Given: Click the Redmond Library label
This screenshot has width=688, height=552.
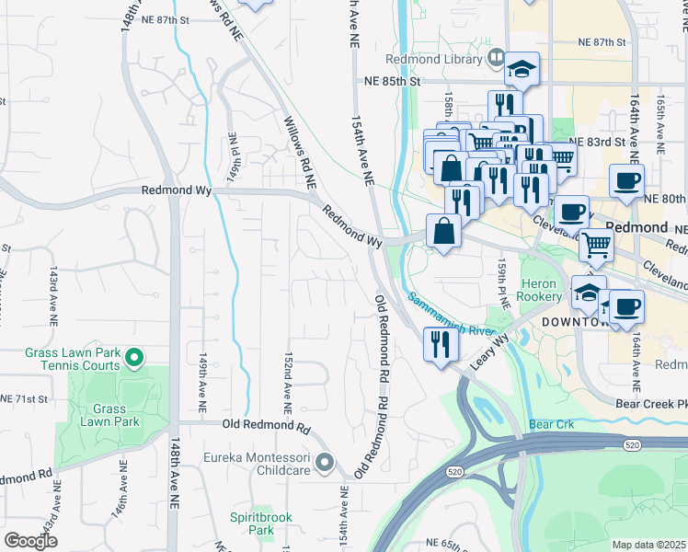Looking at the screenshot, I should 447,60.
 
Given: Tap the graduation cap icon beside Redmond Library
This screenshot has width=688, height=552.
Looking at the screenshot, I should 521,68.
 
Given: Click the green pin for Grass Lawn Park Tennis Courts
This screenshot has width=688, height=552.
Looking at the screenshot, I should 134,356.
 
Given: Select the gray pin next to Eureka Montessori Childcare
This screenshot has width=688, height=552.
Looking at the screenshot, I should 324,463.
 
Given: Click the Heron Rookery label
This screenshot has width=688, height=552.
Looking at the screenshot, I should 540,290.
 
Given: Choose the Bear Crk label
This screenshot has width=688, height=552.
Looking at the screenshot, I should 552,424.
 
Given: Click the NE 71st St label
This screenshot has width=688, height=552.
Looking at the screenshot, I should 23,398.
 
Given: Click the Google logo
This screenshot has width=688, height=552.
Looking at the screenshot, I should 31,541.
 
